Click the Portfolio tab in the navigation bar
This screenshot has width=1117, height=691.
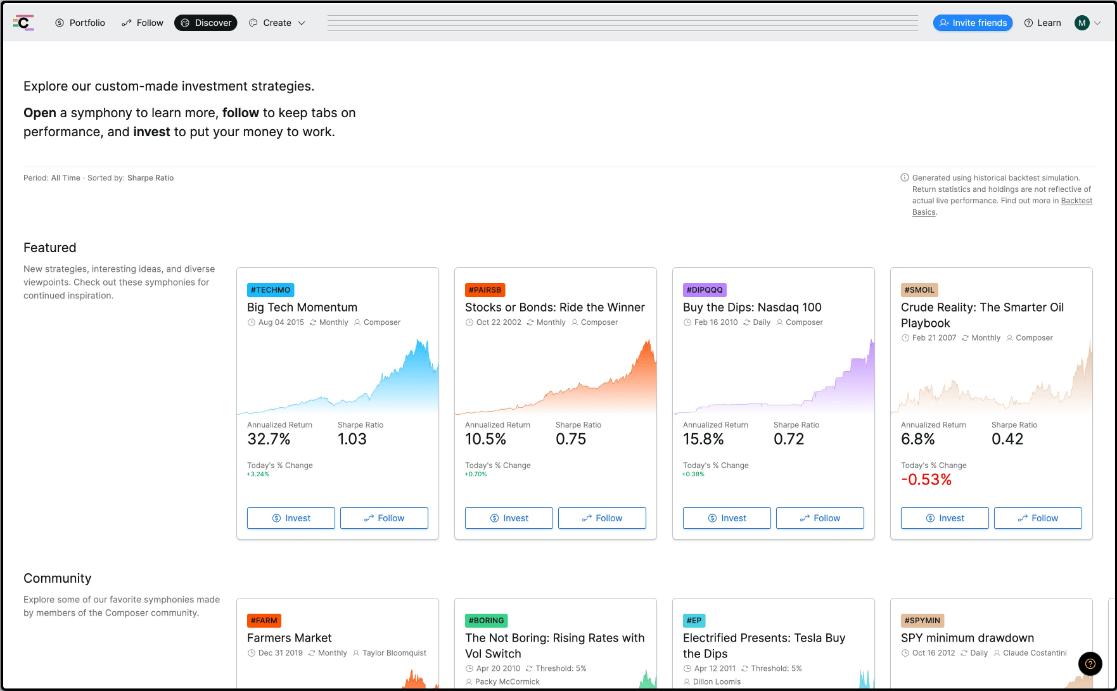(80, 23)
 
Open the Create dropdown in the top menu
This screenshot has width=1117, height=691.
(277, 23)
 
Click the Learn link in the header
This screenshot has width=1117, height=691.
(1042, 23)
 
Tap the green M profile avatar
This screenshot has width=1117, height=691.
(1082, 23)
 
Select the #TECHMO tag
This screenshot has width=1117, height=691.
(271, 290)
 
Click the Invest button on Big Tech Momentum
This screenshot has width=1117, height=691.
(291, 518)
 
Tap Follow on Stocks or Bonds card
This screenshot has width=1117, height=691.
(602, 518)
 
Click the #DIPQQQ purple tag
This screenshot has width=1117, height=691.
(705, 290)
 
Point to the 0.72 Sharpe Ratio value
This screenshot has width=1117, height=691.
(789, 439)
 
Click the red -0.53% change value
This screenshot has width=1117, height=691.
(926, 479)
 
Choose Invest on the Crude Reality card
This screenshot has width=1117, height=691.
(945, 518)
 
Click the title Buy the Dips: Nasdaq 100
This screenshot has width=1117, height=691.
(752, 307)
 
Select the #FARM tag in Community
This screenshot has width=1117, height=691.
(264, 621)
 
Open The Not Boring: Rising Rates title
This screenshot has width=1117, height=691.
(555, 645)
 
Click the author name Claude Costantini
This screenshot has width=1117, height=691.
(1035, 653)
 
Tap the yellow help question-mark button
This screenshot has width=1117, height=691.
(1090, 664)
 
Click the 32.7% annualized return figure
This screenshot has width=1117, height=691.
(269, 439)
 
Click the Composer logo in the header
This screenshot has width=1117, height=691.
(23, 23)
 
